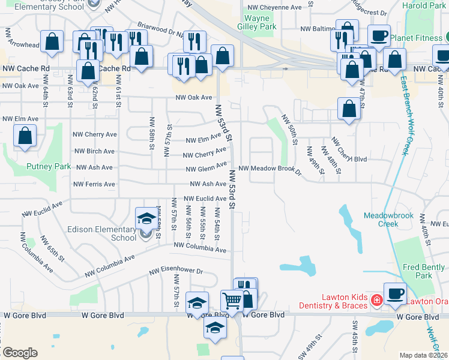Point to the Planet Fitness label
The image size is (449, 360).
418,38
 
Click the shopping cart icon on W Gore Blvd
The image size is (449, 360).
232,300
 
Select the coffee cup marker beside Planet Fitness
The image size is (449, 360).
379,35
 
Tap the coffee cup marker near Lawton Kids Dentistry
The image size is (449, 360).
394,293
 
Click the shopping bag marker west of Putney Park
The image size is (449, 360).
25,136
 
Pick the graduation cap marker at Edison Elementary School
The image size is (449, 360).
146,218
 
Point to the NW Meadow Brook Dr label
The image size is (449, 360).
270,169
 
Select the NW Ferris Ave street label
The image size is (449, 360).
94,184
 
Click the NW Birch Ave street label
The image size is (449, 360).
92,152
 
